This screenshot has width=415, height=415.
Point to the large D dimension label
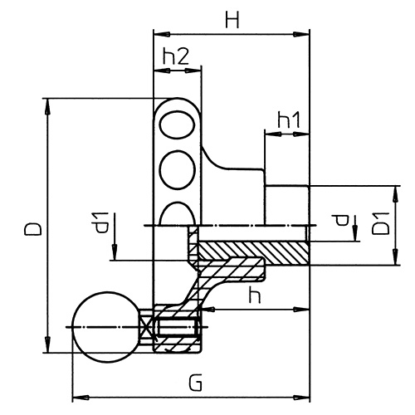point(32,229)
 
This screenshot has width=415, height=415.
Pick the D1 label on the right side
point(381,224)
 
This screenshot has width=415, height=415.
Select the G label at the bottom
point(194,383)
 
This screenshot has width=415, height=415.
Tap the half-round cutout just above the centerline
point(177,215)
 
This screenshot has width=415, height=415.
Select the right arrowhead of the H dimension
point(303,34)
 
